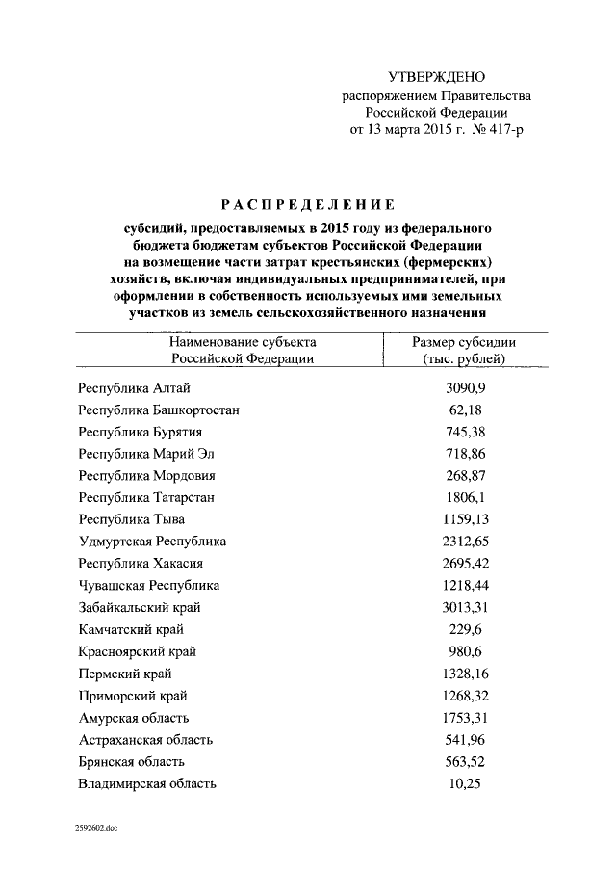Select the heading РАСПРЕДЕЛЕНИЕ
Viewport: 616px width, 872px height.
coord(308,204)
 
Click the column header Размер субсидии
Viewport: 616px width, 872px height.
coord(464,342)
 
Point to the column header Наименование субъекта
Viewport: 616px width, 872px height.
coord(243,342)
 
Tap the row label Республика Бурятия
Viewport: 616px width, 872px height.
coord(140,432)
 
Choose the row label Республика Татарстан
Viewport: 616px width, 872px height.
coord(146,497)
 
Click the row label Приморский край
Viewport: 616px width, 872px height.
coord(133,696)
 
